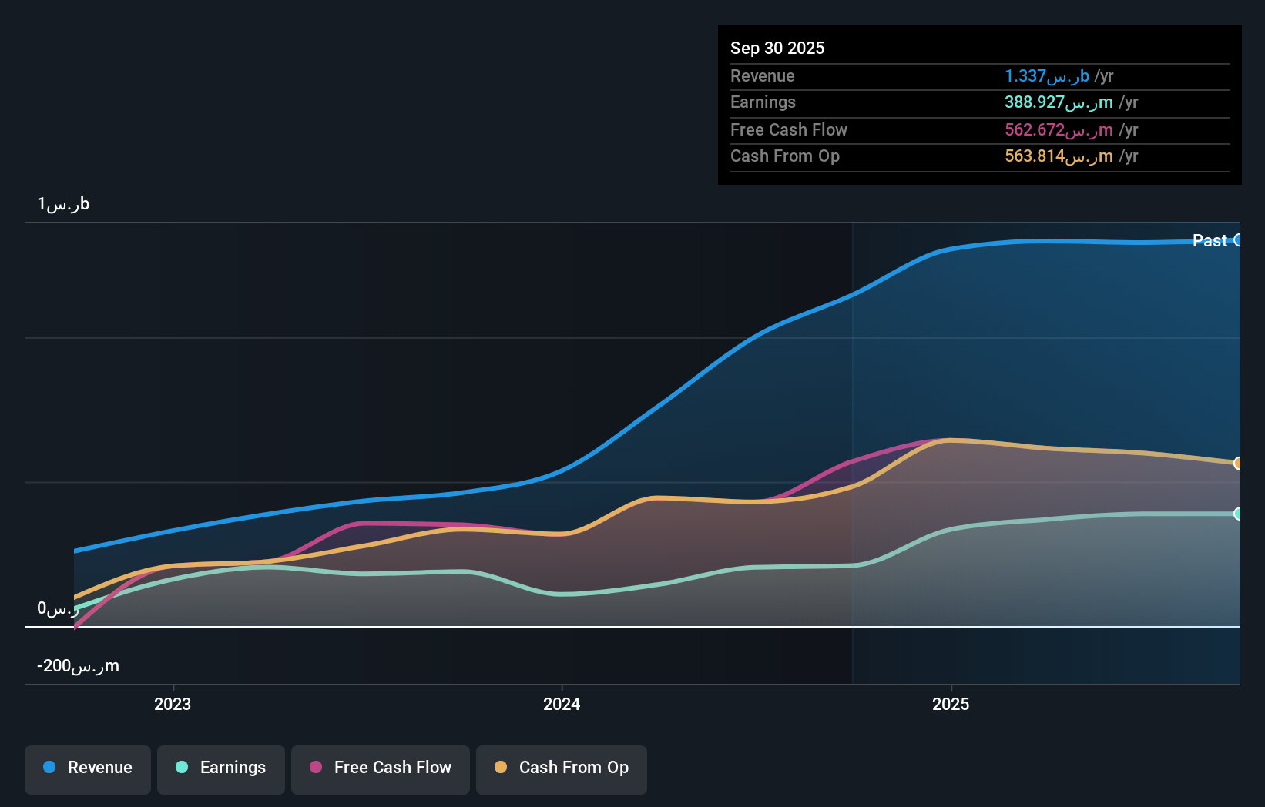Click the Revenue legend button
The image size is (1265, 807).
[87, 768]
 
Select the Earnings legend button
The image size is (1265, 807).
[220, 768]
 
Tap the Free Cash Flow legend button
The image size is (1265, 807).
[380, 768]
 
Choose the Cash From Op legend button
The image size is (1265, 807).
[561, 768]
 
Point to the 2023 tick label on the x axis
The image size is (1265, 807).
[173, 705]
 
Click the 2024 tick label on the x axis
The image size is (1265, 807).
[562, 705]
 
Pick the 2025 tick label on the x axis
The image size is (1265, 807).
[951, 705]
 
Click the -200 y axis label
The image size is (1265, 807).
[78, 666]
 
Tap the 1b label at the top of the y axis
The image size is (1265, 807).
[63, 204]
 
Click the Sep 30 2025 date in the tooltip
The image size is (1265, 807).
[777, 48]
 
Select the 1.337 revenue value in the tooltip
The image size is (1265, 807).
[1046, 75]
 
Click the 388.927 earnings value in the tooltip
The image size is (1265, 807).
[1058, 102]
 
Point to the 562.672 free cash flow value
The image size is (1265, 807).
[1058, 129]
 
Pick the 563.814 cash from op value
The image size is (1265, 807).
[1058, 156]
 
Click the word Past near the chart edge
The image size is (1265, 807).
[1209, 240]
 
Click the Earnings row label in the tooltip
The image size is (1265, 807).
[763, 102]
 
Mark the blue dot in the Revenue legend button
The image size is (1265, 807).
[49, 767]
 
